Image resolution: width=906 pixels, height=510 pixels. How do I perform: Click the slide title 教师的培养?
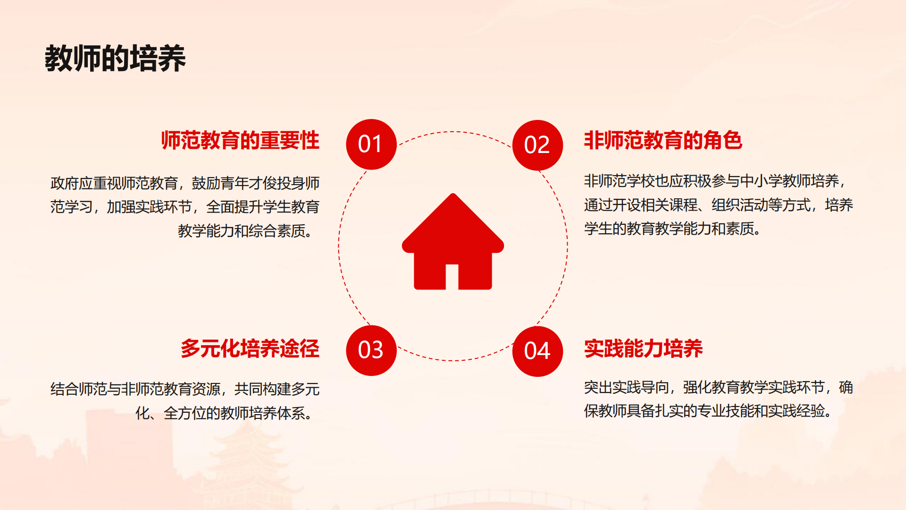(115, 59)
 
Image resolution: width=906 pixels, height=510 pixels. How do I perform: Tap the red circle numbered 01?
(371, 144)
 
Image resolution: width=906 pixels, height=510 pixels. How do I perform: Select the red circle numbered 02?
(537, 145)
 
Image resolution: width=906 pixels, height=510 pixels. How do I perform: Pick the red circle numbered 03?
(371, 350)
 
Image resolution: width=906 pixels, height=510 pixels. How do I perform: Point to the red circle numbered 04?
(537, 351)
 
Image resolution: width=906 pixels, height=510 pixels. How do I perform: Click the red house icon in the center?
(453, 241)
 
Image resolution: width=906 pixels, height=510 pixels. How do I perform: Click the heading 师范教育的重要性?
(240, 140)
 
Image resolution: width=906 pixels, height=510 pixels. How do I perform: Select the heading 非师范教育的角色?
(663, 140)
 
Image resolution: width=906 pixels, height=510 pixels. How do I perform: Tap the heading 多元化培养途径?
(250, 348)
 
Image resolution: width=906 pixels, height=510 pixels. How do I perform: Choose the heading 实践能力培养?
(643, 348)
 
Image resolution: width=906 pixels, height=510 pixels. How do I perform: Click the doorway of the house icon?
(452, 277)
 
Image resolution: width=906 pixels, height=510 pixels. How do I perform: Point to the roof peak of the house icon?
(453, 194)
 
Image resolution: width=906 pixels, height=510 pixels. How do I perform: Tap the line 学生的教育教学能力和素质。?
(672, 229)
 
